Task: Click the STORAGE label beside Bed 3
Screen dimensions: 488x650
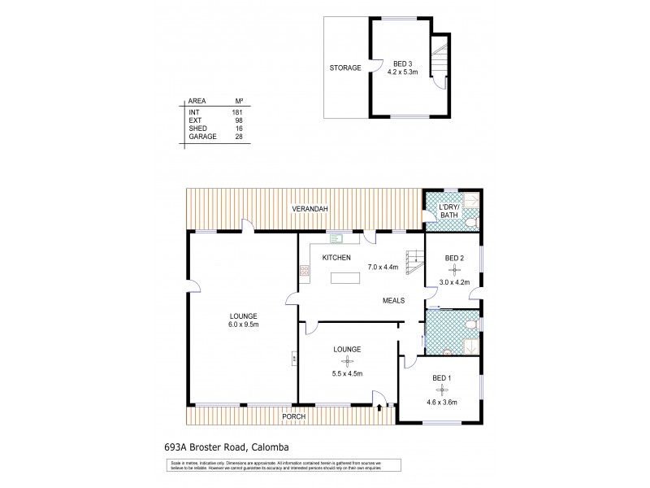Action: pyautogui.click(x=345, y=68)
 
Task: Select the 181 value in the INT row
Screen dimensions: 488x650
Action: pyautogui.click(x=237, y=111)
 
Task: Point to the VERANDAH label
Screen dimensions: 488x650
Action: pyautogui.click(x=310, y=210)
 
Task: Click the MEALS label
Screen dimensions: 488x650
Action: pyautogui.click(x=396, y=300)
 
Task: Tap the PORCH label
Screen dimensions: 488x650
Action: pyautogui.click(x=293, y=417)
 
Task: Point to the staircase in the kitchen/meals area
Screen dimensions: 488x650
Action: pyautogui.click(x=414, y=264)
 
